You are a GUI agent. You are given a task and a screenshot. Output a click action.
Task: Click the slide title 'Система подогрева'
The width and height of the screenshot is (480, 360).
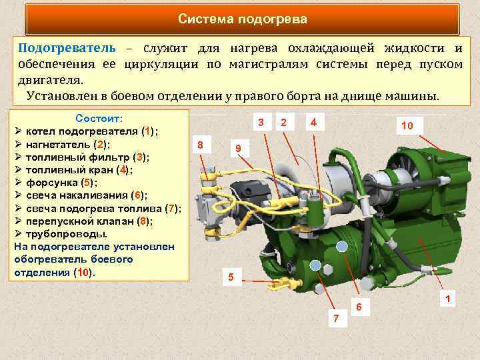tap(243, 19)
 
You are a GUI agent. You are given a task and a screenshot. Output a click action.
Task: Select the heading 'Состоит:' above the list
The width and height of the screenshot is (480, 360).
tap(99, 118)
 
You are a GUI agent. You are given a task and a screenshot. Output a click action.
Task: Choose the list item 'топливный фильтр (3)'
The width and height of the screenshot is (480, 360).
tap(87, 157)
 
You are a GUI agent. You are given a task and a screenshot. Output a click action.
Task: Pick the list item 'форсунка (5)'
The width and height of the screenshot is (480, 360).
tap(61, 183)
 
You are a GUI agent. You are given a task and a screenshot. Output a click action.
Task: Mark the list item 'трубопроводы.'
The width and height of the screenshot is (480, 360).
tap(66, 234)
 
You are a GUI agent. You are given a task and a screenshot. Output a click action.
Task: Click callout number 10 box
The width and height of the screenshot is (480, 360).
tap(407, 125)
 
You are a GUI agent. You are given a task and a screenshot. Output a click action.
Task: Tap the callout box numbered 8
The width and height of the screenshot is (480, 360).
tap(201, 145)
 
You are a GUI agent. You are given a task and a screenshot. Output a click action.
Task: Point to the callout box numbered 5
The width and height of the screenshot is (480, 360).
tap(231, 277)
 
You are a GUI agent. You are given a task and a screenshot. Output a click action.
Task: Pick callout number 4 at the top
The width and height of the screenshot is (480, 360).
tap(313, 121)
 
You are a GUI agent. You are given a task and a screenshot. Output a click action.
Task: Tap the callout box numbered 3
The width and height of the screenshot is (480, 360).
tap(261, 122)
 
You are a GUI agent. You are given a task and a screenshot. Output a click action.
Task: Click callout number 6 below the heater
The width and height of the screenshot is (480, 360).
tap(359, 307)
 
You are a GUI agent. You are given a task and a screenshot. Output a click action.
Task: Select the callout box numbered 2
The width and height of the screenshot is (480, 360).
tap(285, 122)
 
